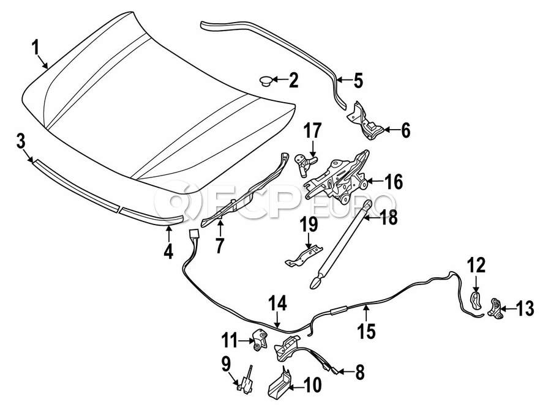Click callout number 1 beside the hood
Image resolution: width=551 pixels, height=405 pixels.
pos(36,46)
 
